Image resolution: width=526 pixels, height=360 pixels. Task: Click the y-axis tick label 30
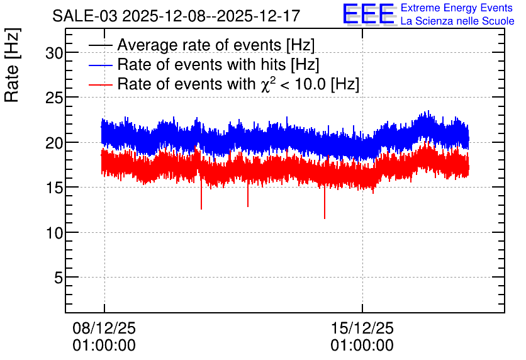tap(54, 53)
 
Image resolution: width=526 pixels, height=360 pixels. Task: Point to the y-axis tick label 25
tap(54, 98)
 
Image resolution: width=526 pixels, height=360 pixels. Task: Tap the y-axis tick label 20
tap(54, 143)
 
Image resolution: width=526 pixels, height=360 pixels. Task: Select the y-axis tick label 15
tap(54, 188)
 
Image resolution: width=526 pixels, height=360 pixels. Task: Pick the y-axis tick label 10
tap(54, 233)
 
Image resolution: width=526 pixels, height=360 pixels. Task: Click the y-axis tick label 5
tap(59, 278)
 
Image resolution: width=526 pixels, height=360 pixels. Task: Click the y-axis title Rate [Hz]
tap(12, 65)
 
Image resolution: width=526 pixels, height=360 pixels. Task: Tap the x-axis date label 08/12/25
tap(104, 328)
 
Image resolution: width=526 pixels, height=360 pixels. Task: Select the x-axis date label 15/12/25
tap(362, 328)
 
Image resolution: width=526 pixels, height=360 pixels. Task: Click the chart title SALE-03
tap(85, 16)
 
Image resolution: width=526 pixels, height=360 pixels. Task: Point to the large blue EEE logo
tap(369, 14)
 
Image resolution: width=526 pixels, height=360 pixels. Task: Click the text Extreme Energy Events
tap(457, 8)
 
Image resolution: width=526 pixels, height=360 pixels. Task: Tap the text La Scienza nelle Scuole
tap(457, 21)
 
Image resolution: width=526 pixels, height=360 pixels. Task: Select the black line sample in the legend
tap(100, 45)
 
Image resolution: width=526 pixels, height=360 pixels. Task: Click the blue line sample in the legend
tap(100, 65)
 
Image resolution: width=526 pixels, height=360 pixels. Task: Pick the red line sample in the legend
tap(100, 84)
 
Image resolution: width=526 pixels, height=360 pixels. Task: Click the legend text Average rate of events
tap(199, 45)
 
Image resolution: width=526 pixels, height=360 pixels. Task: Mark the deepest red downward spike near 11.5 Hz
tap(325, 203)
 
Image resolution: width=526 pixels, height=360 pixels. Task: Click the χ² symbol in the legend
tap(267, 84)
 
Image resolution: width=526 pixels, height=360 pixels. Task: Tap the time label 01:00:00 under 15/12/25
tap(362, 346)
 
